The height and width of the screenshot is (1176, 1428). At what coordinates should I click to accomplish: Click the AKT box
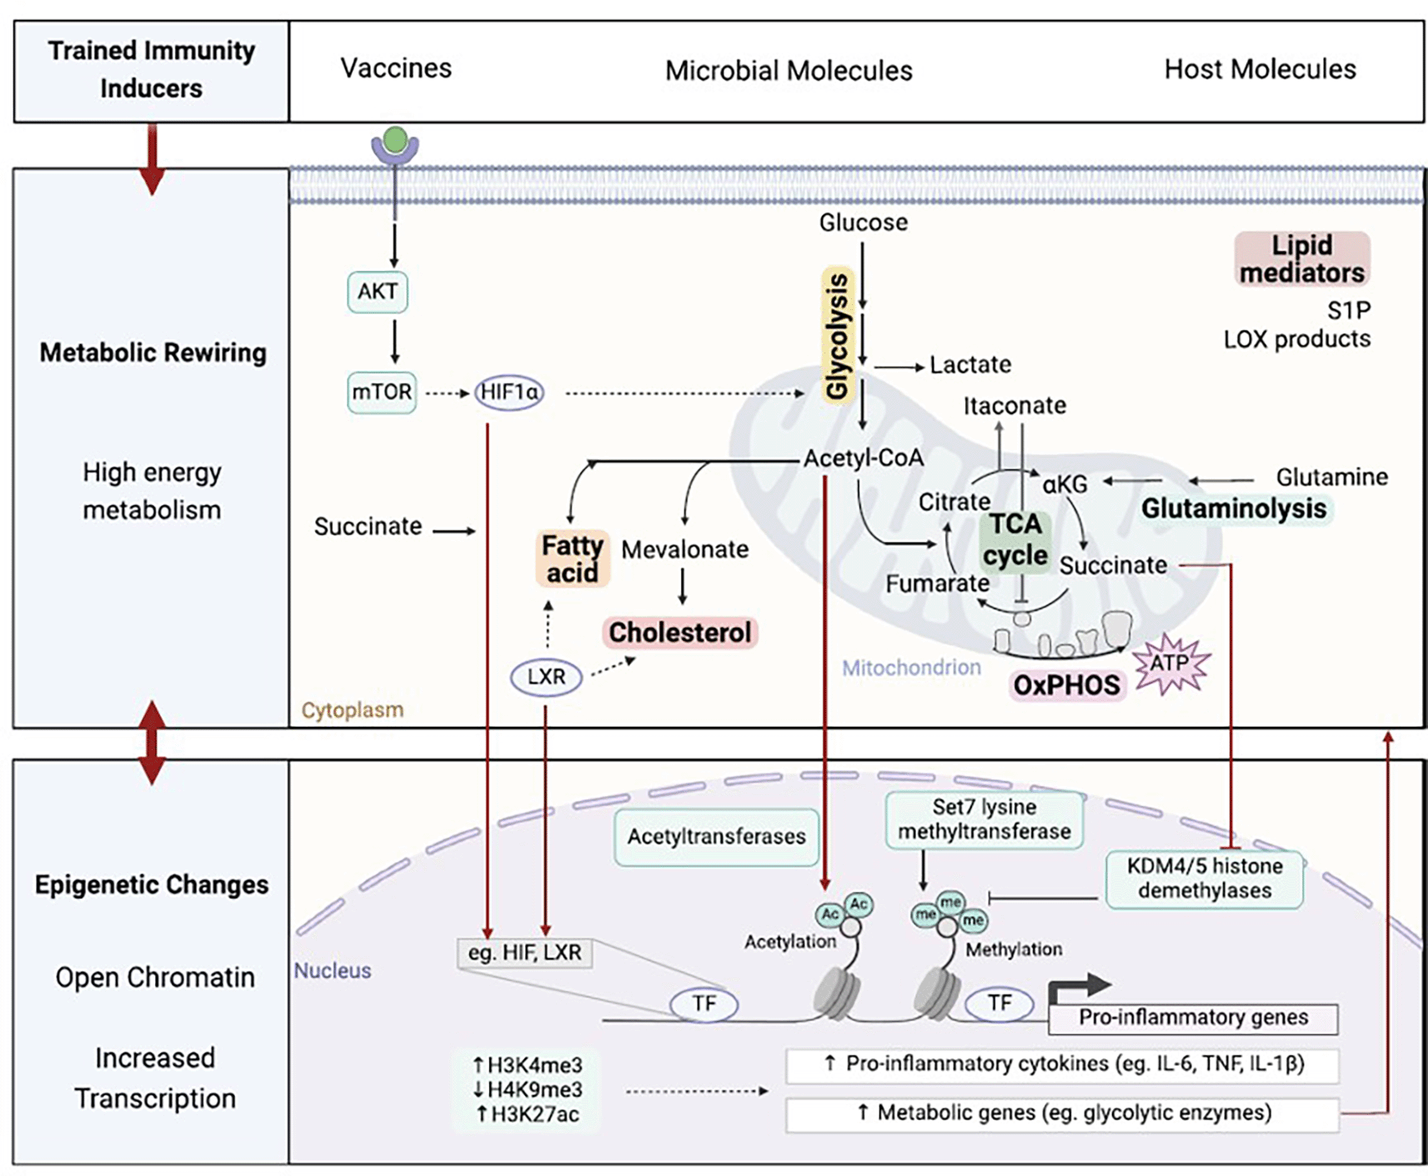378,292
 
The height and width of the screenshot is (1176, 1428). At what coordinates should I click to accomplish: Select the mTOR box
382,392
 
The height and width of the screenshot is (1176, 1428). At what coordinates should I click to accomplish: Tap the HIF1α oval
509,392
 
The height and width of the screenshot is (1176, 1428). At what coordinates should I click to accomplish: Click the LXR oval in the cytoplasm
546,677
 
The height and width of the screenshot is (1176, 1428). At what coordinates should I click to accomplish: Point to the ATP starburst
1170,663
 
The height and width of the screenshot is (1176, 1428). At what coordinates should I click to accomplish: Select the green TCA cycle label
1015,540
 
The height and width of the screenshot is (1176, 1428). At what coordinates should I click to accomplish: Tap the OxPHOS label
1066,685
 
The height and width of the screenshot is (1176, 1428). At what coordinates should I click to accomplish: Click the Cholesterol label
680,633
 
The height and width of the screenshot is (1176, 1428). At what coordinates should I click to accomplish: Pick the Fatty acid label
573,558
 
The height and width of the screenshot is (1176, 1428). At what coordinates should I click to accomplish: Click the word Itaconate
1015,406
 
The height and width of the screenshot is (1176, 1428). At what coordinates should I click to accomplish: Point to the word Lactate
970,365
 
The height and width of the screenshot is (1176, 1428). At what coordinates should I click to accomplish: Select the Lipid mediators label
1301,259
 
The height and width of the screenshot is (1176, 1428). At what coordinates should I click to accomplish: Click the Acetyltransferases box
717,837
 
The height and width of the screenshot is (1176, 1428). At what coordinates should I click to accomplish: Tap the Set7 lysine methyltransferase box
985,819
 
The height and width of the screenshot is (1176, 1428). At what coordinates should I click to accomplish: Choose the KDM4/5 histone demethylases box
1205,878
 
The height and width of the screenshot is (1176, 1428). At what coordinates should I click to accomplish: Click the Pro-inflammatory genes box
1193,1018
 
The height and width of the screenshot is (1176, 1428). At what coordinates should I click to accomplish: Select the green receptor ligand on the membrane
396,139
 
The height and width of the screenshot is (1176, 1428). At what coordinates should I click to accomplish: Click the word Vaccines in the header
396,68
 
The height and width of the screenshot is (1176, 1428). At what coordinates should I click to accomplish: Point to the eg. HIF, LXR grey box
524,953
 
